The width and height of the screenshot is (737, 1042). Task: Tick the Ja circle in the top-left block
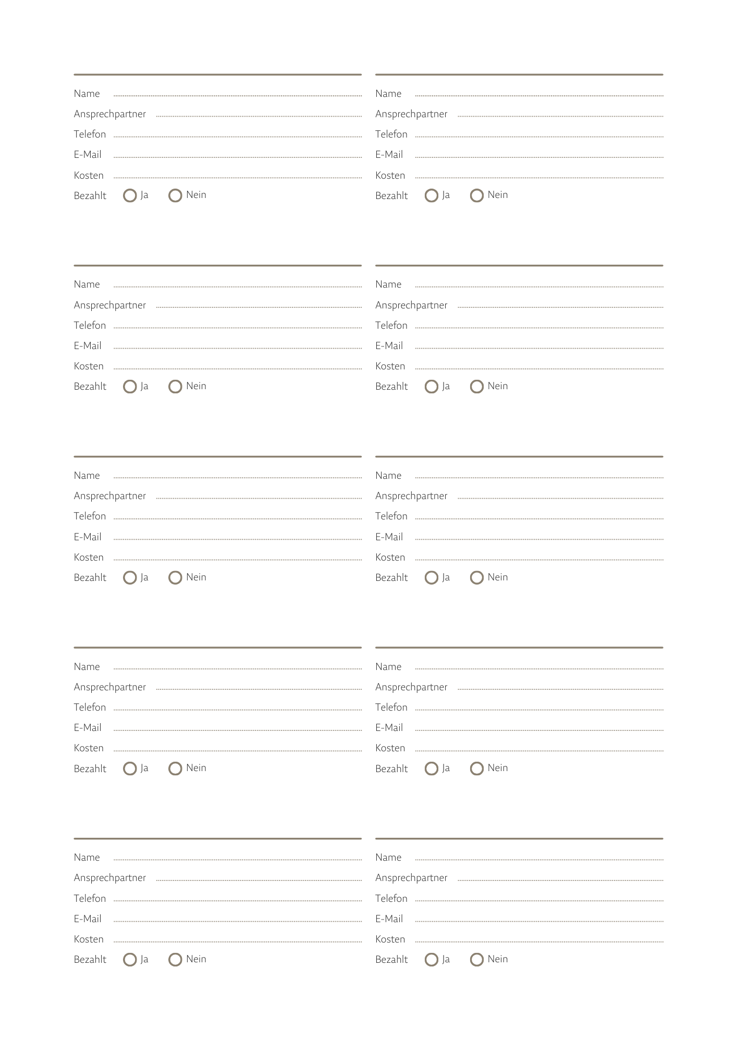[130, 195]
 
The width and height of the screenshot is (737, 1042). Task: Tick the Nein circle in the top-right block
[476, 195]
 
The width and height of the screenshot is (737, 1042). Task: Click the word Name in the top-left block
[87, 94]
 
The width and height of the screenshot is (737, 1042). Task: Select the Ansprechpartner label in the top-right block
[411, 114]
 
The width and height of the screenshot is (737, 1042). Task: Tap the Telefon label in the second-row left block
[90, 326]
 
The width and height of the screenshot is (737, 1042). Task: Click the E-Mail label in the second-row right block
[389, 346]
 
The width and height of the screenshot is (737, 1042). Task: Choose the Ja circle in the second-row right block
[431, 387]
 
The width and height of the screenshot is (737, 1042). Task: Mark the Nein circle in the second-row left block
[175, 387]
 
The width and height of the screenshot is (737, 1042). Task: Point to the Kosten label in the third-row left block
[89, 557]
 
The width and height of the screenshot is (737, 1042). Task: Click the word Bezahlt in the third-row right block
[391, 578]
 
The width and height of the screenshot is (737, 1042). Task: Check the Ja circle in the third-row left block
[130, 578]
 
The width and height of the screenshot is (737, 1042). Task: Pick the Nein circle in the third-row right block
[476, 578]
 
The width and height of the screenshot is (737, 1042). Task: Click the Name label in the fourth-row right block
[388, 667]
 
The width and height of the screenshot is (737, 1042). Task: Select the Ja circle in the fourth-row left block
[130, 768]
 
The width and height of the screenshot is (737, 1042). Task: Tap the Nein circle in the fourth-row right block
[476, 768]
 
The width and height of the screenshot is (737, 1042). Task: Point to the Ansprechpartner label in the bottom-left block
[109, 878]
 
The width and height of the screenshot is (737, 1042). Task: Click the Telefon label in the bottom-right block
[391, 899]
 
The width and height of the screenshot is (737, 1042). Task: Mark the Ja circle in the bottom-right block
[431, 960]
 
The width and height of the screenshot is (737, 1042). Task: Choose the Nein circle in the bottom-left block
[175, 960]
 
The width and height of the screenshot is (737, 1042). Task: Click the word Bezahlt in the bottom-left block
[90, 960]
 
